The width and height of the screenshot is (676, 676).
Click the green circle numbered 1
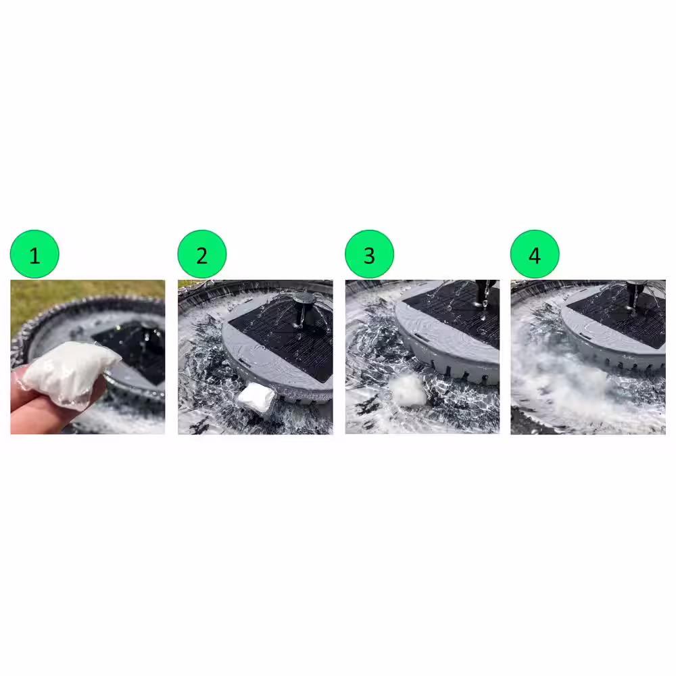tap(34, 254)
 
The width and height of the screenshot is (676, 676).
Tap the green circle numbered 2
tap(201, 254)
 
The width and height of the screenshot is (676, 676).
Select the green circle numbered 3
tap(370, 254)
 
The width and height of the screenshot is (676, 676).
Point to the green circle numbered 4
tap(535, 254)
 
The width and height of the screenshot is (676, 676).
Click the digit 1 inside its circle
tap(35, 256)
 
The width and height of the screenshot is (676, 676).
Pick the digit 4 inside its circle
tap(535, 256)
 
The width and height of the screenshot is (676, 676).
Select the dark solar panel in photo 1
tap(134, 349)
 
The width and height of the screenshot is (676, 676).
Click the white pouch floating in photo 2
tap(256, 396)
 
